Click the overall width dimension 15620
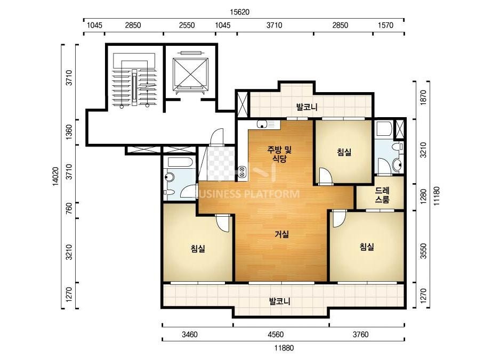pyautogui.click(x=239, y=12)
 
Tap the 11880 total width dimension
pyautogui.click(x=284, y=348)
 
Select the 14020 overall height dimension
pyautogui.click(x=55, y=177)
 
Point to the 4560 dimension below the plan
pyautogui.click(x=276, y=334)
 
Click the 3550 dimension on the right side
pyautogui.click(x=424, y=251)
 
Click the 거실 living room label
pyautogui.click(x=281, y=234)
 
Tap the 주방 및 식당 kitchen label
pyautogui.click(x=279, y=154)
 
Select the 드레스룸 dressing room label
pyautogui.click(x=382, y=195)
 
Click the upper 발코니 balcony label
pyautogui.click(x=307, y=107)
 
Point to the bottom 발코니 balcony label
pyautogui.click(x=279, y=301)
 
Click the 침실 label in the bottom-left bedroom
pyautogui.click(x=198, y=249)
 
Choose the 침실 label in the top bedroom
pyautogui.click(x=344, y=152)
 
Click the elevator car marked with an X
pyautogui.click(x=190, y=72)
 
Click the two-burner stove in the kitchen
pyautogui.click(x=242, y=171)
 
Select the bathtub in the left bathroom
pyautogui.click(x=180, y=162)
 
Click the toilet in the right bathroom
pyautogui.click(x=397, y=147)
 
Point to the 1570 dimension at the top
pyautogui.click(x=385, y=25)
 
